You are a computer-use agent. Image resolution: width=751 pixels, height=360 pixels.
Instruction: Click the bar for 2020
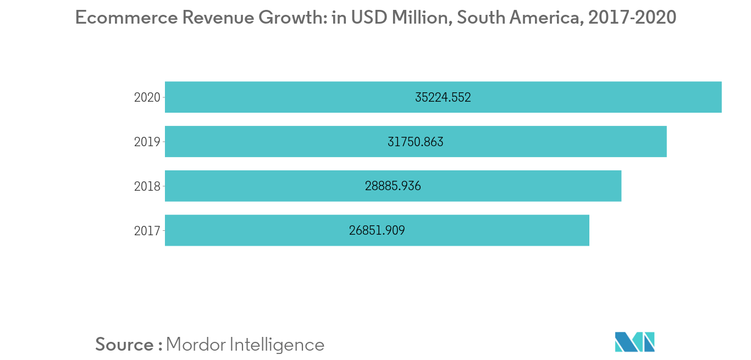click(x=550, y=97)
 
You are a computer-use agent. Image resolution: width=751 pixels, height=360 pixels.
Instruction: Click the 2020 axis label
click(x=147, y=98)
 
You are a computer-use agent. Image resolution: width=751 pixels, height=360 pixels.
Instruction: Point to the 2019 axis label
click(x=147, y=142)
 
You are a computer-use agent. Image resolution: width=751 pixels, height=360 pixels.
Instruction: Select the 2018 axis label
click(x=147, y=187)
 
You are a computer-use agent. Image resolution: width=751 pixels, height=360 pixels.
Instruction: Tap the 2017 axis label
click(x=147, y=231)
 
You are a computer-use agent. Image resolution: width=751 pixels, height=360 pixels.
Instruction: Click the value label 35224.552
click(x=443, y=98)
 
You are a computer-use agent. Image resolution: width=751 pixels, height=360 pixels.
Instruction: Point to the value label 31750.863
click(x=416, y=142)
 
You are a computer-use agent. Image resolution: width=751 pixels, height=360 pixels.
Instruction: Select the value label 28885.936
click(x=393, y=186)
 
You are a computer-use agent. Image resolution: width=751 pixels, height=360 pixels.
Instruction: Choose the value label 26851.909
click(x=377, y=231)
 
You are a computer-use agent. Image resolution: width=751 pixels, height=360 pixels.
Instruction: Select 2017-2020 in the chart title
click(x=632, y=18)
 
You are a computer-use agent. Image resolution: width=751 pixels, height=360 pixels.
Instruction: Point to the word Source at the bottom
click(x=125, y=345)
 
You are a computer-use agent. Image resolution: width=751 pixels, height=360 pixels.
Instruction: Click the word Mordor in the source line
click(x=195, y=345)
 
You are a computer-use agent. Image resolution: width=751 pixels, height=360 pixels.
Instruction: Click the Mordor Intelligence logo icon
click(x=635, y=342)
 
